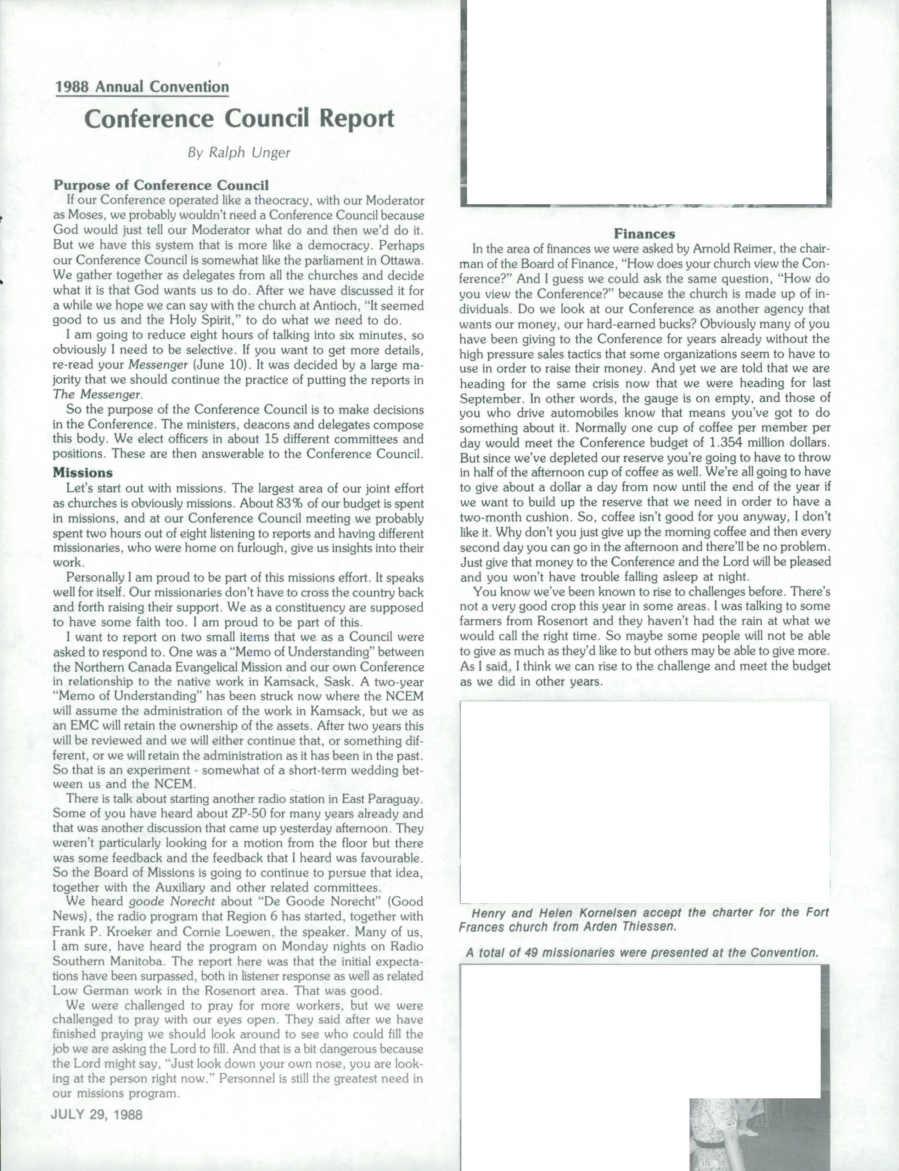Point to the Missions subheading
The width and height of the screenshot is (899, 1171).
[x=83, y=473]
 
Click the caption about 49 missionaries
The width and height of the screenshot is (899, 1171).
[x=642, y=953]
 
